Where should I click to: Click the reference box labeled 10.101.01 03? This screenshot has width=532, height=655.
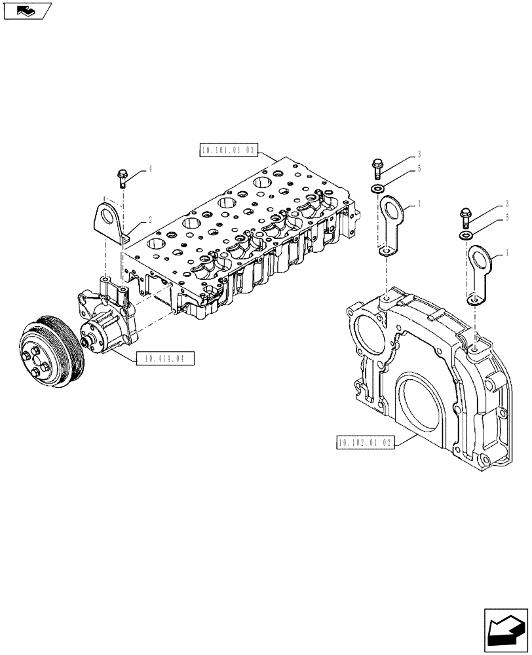click(x=229, y=150)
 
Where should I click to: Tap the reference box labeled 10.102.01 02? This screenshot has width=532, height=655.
click(x=365, y=443)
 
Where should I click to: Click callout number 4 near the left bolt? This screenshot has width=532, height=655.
click(x=149, y=168)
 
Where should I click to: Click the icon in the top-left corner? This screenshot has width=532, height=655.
click(x=27, y=11)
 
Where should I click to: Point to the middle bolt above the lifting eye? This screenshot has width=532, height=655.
click(x=378, y=168)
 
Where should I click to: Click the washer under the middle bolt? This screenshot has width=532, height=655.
click(x=379, y=189)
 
